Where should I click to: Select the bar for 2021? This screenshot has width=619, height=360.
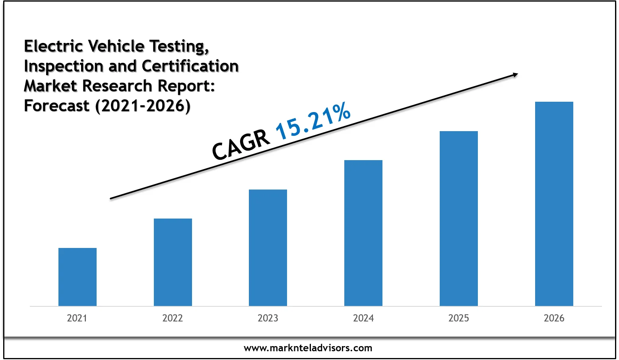coord(77,277)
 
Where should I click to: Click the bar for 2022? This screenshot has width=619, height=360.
coord(173,262)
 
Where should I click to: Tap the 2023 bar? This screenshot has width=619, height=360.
coord(268,248)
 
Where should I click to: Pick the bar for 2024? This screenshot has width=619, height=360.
coord(363,233)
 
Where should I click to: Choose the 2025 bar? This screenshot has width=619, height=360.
coord(459,219)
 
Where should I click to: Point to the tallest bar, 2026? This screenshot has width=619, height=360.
coord(554,204)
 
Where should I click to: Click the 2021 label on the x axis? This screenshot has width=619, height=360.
coord(77,318)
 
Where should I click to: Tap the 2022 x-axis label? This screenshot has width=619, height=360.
coord(173,318)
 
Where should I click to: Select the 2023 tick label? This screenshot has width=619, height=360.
coord(268,318)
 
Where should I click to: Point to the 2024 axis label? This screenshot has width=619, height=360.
coord(363,318)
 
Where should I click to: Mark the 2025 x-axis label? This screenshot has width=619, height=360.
coord(459,318)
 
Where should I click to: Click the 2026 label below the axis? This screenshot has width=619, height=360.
coord(554,318)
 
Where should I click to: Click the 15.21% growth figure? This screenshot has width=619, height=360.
coord(313,121)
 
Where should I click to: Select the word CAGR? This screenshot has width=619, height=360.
coord(241,145)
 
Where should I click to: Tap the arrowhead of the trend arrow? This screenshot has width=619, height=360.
coord(515,74)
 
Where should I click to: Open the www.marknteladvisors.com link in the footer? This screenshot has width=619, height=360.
coord(308,348)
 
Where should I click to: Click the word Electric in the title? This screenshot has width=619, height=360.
coord(53,46)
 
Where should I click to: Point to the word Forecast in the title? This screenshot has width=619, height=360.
coord(56,106)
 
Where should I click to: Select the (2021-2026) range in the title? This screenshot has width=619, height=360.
coord(143,106)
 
